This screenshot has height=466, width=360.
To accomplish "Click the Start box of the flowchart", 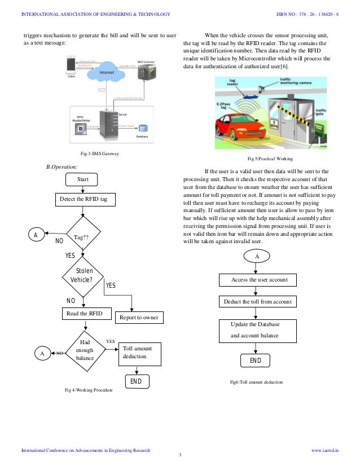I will [x=83, y=179].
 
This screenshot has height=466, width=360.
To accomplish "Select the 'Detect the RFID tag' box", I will [x=84, y=200].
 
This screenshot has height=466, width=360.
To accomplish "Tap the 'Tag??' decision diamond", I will [x=83, y=238].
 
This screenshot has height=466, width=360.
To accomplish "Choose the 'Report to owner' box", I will [x=139, y=318].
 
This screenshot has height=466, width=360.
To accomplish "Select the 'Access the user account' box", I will [x=259, y=280].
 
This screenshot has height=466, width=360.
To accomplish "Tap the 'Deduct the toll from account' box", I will [x=259, y=302].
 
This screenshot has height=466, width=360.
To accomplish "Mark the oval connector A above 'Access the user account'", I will [x=257, y=256].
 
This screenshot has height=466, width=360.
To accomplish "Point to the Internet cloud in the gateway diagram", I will [x=107, y=73].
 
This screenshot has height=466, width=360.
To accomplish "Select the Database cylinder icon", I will [x=144, y=128].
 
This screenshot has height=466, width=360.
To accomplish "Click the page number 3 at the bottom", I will [x=179, y=455].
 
